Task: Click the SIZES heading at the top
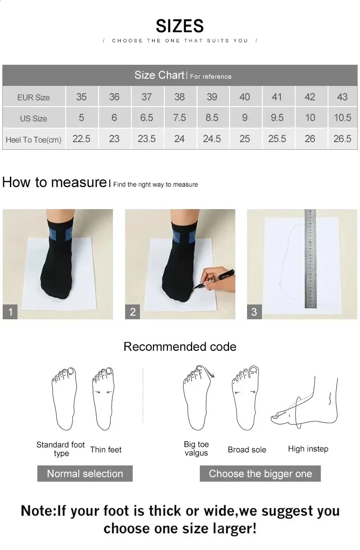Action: [180, 26]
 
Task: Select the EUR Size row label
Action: [33, 97]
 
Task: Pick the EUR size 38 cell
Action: [179, 97]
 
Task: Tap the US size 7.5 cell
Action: [179, 118]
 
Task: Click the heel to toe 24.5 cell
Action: [211, 139]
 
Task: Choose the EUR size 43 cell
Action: [342, 97]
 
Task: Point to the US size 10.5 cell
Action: [342, 118]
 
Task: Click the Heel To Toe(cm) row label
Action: [33, 140]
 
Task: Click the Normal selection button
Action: [85, 474]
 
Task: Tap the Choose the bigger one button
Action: [260, 474]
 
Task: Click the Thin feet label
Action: [106, 449]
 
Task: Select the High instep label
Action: [308, 449]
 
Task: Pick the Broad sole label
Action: [247, 449]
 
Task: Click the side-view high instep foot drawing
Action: [306, 402]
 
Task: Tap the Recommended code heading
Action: [180, 347]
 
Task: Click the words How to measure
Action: [54, 182]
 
